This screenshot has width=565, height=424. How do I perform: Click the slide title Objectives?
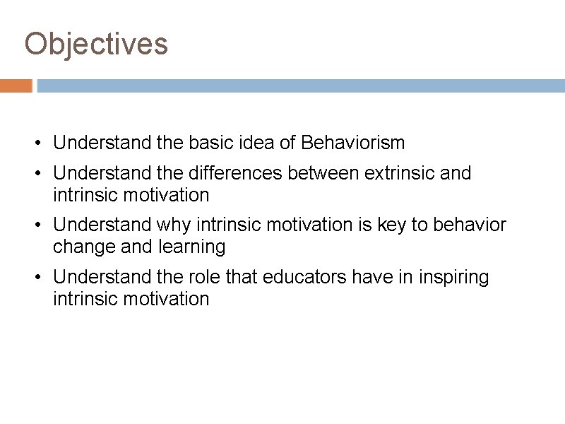[96, 44]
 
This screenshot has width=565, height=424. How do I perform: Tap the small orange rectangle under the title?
[16, 86]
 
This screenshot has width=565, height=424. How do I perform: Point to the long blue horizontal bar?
[301, 86]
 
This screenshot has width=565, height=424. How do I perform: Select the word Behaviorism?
[352, 143]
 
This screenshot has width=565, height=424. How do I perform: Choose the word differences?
[234, 173]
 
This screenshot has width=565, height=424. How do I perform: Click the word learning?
[191, 247]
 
